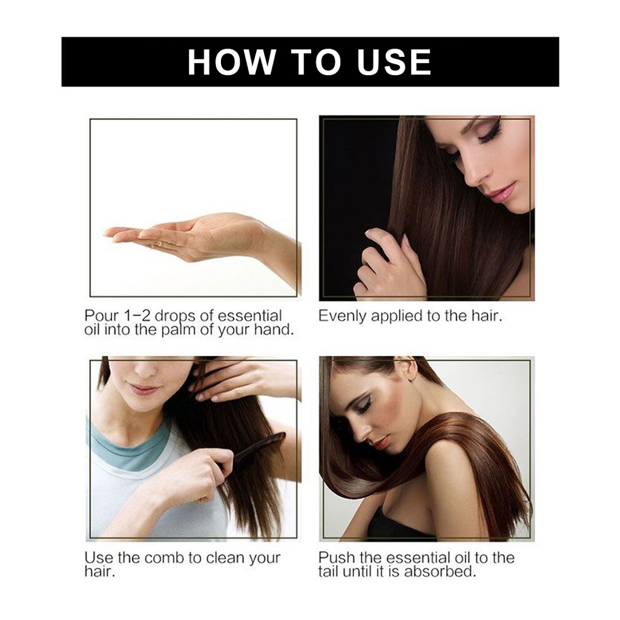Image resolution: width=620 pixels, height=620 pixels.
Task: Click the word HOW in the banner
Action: (231, 62)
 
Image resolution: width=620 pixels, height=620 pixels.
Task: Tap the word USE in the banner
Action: (394, 62)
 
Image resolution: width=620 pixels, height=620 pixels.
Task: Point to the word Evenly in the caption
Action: (343, 316)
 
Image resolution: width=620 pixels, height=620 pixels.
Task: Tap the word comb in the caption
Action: (165, 558)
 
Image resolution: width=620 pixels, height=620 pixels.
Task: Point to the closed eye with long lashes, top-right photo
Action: (489, 135)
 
